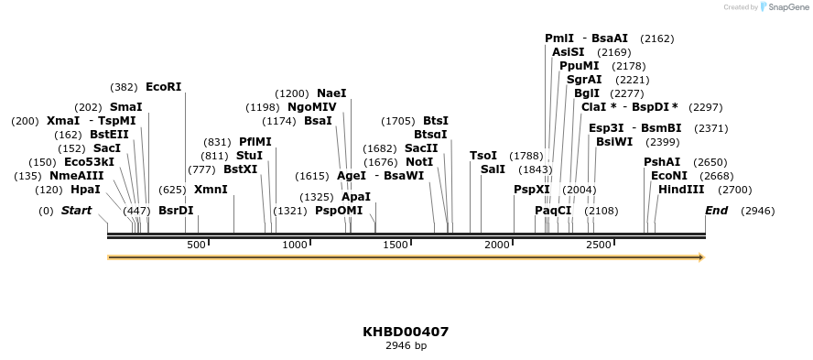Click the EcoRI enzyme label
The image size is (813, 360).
[164, 87]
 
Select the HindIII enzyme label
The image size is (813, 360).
[681, 190]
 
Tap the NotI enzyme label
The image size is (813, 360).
[419, 162]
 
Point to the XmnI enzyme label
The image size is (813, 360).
[211, 190]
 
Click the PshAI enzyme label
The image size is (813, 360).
[662, 162]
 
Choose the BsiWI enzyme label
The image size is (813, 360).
[614, 142]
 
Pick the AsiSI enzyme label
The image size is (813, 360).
[568, 52]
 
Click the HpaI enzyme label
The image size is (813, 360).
[85, 190]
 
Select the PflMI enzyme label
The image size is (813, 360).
[255, 142]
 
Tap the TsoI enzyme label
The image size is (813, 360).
[483, 156]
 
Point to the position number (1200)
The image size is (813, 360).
[293, 93]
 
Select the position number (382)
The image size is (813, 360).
[124, 87]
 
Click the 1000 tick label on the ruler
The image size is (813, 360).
[295, 245]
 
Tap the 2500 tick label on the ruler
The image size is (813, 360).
[598, 245]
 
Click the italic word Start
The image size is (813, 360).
[77, 211]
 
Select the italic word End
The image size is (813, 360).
[716, 211]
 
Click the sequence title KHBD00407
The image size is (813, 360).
[406, 332]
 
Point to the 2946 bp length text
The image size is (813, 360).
[406, 346]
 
